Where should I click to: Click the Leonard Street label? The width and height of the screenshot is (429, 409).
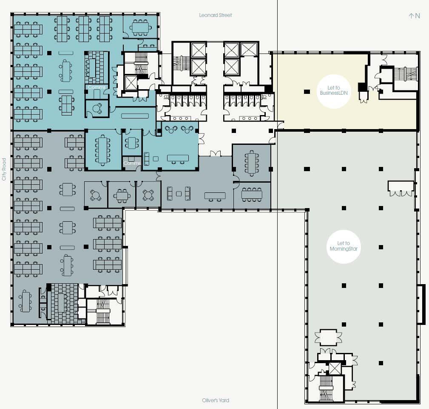click(x=215, y=15)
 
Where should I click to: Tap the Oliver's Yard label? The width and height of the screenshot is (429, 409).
click(x=216, y=400)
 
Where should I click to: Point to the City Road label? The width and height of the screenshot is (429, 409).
click(x=4, y=169)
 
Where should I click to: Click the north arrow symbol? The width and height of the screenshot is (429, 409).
click(x=414, y=16)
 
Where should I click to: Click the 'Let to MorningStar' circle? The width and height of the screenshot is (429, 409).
click(x=344, y=246)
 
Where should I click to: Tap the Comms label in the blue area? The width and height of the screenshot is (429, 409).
click(x=97, y=87)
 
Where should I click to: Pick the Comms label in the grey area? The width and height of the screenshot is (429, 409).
click(x=132, y=163)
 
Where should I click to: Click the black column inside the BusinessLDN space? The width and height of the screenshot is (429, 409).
click(x=307, y=92)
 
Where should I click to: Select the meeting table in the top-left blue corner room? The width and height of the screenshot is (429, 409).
click(x=140, y=28)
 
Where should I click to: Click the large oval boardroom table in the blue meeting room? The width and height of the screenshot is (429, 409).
click(x=102, y=150)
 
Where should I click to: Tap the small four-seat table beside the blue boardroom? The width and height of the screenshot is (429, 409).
click(x=132, y=143)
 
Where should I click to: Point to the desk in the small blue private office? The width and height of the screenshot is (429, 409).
click(x=97, y=109)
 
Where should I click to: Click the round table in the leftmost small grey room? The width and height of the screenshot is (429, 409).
click(x=95, y=195)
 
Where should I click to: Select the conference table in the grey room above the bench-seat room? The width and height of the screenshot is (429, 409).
click(x=252, y=163)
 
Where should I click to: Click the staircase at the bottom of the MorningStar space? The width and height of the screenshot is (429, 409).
click(x=326, y=388)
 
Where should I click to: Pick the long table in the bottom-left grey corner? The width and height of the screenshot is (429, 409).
click(x=26, y=302)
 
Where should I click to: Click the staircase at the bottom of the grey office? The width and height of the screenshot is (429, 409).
click(x=103, y=311)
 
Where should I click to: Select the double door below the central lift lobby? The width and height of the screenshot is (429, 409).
click(x=215, y=154)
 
